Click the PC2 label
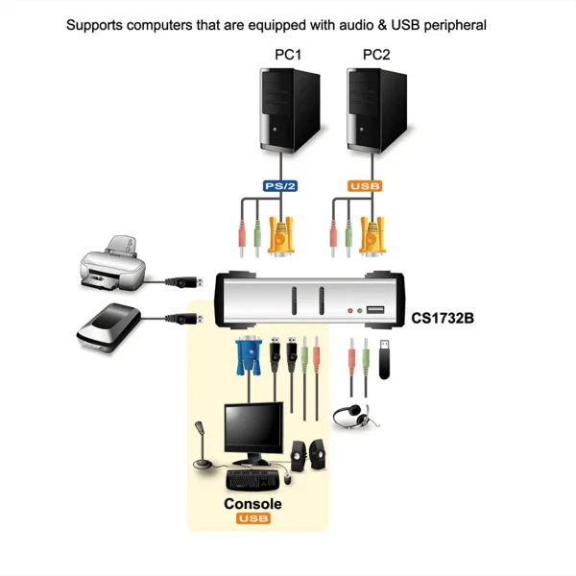376,55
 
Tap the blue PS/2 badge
281,185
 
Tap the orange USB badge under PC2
366,185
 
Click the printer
112,264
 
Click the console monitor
253,431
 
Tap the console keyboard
254,476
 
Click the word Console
252,504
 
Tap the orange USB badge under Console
252,519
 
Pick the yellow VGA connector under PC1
281,235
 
